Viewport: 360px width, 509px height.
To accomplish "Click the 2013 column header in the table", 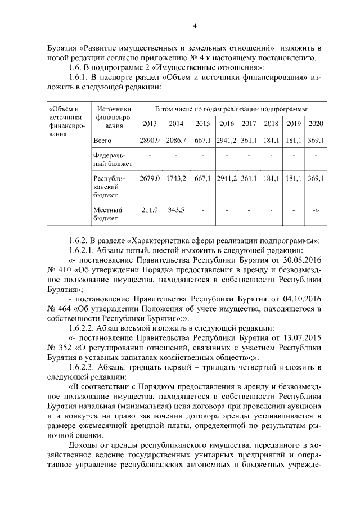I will (x=150, y=124).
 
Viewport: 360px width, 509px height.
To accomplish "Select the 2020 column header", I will (x=316, y=124).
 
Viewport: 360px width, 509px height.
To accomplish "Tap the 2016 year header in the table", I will (x=226, y=124).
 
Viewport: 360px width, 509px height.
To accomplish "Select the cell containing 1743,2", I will (x=176, y=178).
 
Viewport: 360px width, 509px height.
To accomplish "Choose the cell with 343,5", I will (x=176, y=210).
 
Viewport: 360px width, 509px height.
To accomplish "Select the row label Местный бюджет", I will (x=107, y=214).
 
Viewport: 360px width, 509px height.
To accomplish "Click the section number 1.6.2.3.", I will (x=86, y=367).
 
